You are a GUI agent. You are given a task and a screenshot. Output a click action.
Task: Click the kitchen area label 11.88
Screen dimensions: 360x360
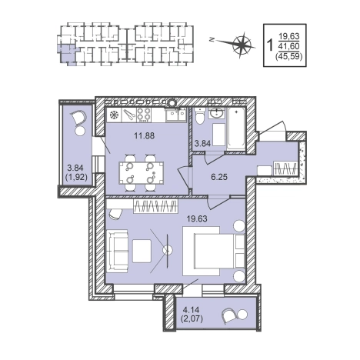[x=145, y=135]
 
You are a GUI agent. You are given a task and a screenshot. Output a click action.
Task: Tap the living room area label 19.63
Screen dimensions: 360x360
[x=197, y=218]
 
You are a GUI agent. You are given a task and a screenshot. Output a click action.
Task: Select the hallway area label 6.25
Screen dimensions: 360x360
[x=219, y=177]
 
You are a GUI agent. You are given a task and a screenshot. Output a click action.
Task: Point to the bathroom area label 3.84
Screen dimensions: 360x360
[x=202, y=144]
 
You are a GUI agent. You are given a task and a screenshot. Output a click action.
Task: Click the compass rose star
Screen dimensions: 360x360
[x=242, y=44]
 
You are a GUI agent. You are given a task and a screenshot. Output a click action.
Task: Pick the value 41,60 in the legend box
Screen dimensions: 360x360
[x=289, y=46]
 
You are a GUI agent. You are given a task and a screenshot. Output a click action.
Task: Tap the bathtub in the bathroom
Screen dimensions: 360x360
[x=236, y=129]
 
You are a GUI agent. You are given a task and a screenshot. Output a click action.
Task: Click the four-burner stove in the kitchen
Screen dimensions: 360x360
[x=143, y=115]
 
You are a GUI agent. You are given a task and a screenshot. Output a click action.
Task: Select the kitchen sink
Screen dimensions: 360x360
[x=175, y=115]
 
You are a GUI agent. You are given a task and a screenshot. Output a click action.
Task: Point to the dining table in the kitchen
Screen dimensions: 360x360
[x=142, y=172]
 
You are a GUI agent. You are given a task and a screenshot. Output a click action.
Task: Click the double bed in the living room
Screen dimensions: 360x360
[x=214, y=251]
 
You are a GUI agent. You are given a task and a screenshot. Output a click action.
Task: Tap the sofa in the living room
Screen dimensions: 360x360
[x=117, y=251]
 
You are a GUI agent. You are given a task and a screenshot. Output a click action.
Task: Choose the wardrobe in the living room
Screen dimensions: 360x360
[x=155, y=206]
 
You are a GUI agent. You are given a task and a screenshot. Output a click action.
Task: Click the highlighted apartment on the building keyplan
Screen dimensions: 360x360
[x=66, y=54]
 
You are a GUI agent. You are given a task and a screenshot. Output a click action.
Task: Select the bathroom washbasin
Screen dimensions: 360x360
[x=217, y=112]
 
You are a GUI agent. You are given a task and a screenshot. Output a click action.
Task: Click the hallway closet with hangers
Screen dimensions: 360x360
[x=285, y=168]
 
